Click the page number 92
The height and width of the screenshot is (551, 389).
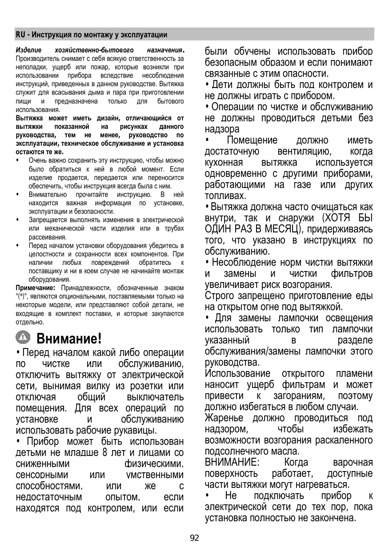(194, 538)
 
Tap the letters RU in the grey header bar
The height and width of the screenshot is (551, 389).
(20, 35)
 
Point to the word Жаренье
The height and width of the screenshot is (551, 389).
(224, 418)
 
